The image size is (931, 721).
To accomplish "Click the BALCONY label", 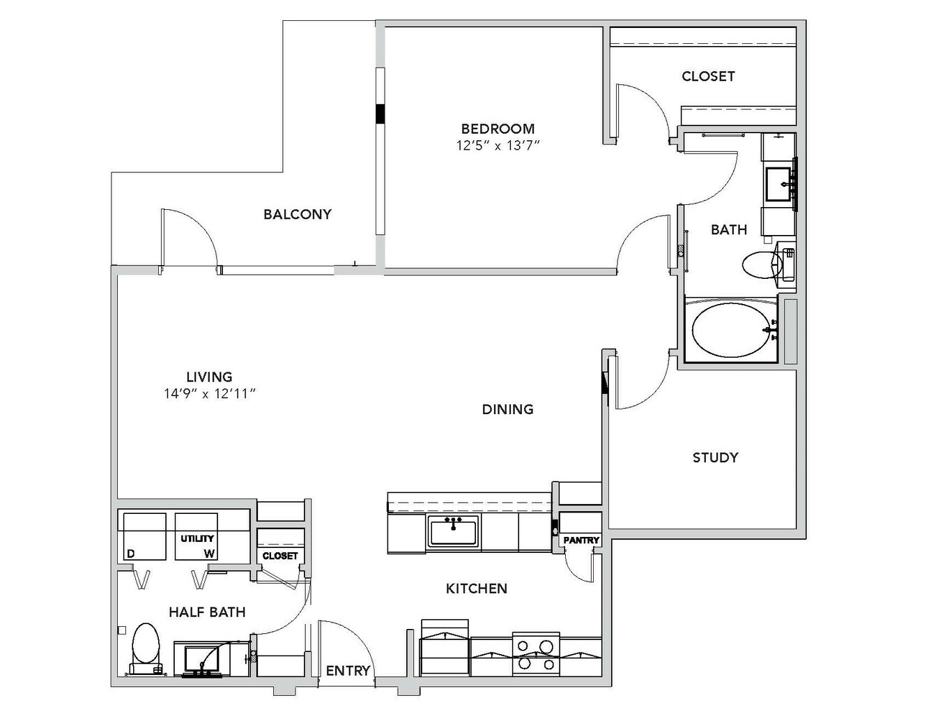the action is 298,214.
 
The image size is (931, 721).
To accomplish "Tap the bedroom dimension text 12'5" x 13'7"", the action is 498,146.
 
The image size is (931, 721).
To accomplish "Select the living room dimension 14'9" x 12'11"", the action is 210,393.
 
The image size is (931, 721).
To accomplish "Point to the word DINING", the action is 508,409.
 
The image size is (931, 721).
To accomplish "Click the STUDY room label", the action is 716,458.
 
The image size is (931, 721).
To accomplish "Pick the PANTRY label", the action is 581,540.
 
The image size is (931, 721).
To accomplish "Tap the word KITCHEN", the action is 477,589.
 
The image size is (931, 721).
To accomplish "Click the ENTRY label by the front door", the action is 348,670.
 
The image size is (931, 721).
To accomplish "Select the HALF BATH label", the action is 208,612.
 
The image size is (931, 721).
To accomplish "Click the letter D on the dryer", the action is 131,554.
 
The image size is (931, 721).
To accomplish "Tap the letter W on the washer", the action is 209,554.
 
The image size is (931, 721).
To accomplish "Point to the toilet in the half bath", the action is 146,649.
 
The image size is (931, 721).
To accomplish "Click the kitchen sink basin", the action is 453,531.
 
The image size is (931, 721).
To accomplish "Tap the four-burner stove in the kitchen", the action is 536,654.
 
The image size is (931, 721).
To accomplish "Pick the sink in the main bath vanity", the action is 778,184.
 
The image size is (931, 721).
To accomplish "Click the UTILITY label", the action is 197,538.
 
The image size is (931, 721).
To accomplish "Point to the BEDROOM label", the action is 498,128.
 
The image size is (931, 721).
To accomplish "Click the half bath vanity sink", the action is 201,660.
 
